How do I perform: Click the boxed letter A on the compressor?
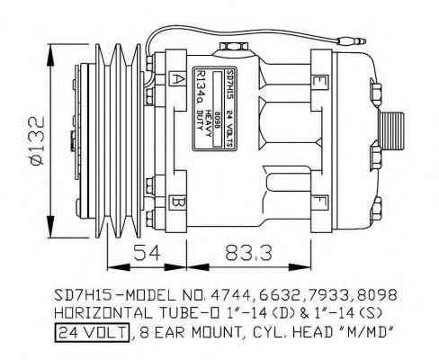point(178,78)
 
